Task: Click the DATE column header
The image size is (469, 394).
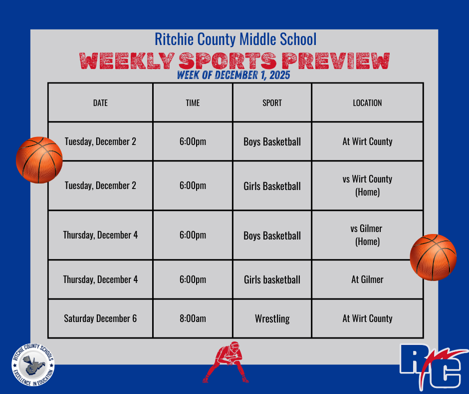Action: [100, 103]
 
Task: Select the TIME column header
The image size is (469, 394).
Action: [193, 103]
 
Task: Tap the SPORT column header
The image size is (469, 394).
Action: [272, 103]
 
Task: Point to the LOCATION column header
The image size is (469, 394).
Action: [367, 103]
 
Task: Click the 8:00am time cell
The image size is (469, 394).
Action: [193, 318]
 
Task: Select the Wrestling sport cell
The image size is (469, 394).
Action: [272, 318]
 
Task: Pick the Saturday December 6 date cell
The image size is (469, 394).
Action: [100, 318]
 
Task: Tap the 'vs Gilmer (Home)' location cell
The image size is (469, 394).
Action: [367, 235]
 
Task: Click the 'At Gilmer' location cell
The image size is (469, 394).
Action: [367, 279]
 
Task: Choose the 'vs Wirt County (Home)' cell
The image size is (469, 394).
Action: [367, 185]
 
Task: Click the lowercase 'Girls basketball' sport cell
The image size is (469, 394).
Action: [272, 279]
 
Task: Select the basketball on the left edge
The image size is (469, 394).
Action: [39, 160]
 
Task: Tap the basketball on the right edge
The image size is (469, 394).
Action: [433, 257]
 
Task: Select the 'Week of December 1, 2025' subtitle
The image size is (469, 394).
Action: [234, 76]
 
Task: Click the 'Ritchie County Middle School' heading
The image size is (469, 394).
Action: [235, 39]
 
